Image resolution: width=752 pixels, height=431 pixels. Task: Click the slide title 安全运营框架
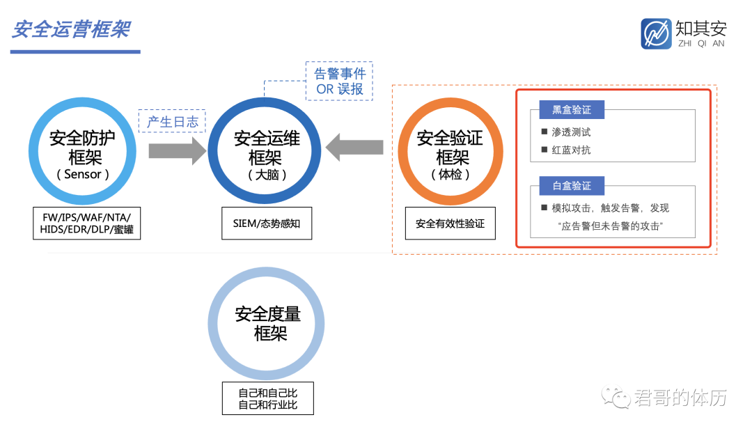click(71, 31)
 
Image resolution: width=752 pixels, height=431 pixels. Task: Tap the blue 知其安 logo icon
click(656, 33)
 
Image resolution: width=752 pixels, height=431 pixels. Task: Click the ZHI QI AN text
click(700, 43)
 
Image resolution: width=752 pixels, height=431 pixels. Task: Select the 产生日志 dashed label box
click(173, 122)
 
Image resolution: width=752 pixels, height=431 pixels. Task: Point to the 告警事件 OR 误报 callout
click(340, 81)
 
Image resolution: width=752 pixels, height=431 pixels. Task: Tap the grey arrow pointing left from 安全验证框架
click(354, 148)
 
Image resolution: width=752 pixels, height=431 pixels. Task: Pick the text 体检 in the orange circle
click(451, 174)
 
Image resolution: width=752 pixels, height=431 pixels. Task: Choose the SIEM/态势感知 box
click(267, 223)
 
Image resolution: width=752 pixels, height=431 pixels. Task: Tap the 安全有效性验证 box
click(450, 224)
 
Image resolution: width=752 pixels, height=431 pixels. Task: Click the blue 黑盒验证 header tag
click(571, 109)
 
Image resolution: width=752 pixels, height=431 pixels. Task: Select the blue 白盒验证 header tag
click(571, 186)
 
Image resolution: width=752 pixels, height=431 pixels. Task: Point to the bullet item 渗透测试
click(571, 132)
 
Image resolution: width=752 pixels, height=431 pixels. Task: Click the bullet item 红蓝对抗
click(571, 150)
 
